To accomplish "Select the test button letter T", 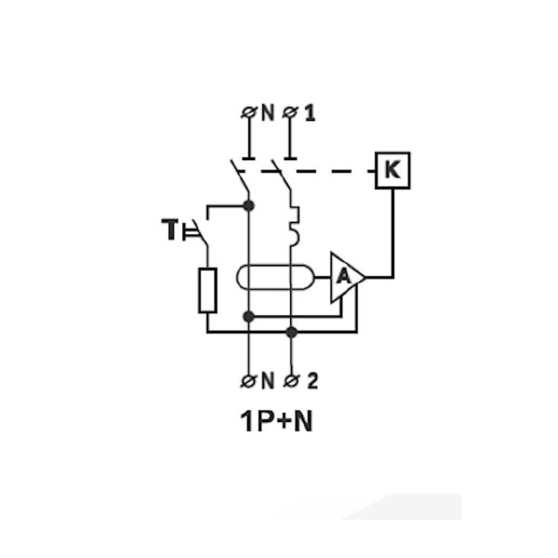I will point(172,228).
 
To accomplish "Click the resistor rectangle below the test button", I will point(207,289).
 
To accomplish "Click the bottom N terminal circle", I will point(248,380).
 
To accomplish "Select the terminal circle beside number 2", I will point(291,380).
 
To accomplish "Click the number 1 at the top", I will point(310,113).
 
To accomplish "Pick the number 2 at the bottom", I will point(311,380).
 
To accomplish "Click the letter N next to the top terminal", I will point(267,113).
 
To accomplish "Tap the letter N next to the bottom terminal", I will point(267,380).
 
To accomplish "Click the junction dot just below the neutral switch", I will point(248,206).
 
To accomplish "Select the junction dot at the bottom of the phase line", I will point(291,331).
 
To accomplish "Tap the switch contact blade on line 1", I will point(282,182).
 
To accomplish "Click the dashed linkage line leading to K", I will point(335,171).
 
